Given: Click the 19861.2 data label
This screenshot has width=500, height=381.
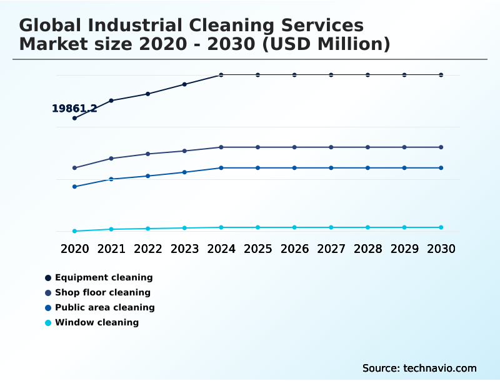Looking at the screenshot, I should pos(74,109).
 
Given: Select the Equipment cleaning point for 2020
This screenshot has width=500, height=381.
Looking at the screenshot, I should pos(74,118).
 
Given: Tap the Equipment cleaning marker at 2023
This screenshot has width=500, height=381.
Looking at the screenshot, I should pos(184,84).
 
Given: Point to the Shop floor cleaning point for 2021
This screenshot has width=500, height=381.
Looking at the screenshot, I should pos(111,159).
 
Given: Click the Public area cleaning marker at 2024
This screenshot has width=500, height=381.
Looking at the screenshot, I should pos(221,168).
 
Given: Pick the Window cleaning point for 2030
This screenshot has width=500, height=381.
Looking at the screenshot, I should pos(441,227).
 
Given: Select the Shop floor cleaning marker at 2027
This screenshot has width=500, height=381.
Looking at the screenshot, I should pos(331,147).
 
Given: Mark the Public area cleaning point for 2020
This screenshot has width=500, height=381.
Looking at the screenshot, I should pos(74,187).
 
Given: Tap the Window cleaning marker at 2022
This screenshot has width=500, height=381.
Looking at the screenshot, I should pos(148,229).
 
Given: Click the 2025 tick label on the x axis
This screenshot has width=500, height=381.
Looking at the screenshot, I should pos(257,249).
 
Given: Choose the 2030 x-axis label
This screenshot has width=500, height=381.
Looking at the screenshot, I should pos(441,249).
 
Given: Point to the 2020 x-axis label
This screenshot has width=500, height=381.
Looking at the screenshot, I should pos(74,249).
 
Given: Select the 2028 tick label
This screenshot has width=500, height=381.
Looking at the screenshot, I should pos(367,249).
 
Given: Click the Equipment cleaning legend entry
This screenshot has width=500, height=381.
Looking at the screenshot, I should pos(103,278).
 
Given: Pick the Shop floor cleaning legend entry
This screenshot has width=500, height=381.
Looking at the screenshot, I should pos(102,293).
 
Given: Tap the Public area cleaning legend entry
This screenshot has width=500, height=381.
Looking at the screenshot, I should pos(104,308).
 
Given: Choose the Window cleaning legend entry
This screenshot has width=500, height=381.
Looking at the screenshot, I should pos(96,323).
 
